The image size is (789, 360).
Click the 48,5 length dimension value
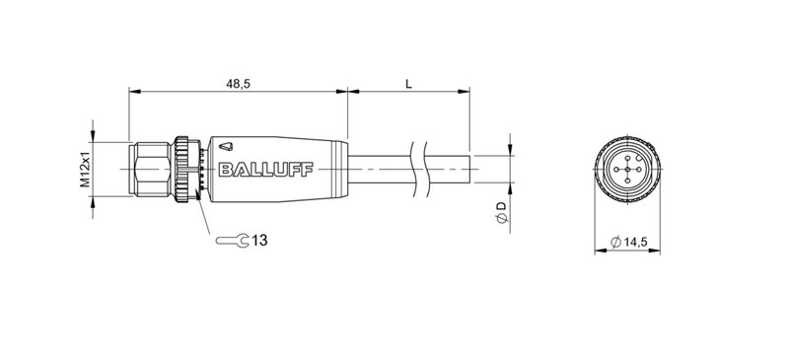pos(239,85)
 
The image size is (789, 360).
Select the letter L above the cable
pos(408,85)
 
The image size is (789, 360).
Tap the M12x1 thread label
pos(85,165)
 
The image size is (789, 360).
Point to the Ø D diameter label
pos(501,209)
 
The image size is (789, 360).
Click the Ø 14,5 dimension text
pos(630,242)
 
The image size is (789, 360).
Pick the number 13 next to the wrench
pos(258,240)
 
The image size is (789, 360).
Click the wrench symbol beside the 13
pos(231,240)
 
